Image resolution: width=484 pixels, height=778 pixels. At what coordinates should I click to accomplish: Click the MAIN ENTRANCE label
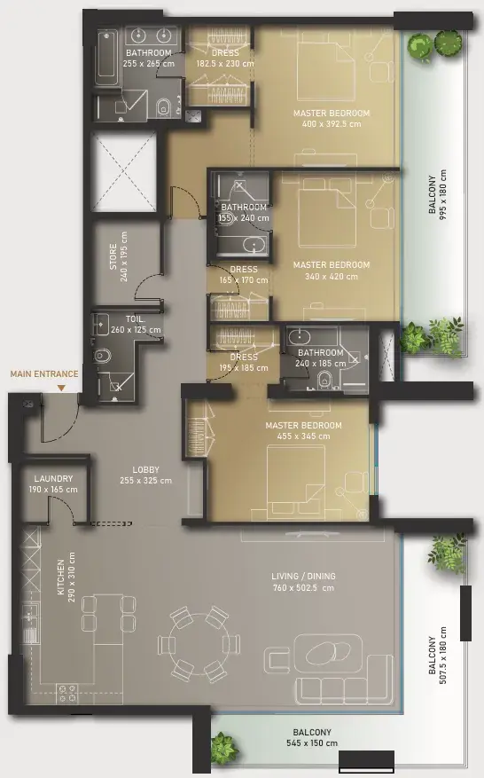[x=44, y=374]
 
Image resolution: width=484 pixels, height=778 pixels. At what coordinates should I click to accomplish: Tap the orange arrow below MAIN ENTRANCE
[x=61, y=389]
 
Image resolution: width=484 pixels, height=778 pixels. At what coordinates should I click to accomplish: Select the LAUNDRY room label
[x=53, y=479]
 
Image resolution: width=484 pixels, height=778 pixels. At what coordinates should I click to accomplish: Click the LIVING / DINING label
[x=303, y=576]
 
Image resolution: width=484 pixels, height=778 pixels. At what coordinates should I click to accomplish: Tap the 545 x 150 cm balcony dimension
[x=312, y=743]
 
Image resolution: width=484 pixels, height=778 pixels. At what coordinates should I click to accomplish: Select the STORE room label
[x=113, y=256]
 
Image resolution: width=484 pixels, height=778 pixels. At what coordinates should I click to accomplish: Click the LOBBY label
[x=145, y=469]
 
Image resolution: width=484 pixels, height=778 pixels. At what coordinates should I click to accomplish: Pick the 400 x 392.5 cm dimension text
[x=332, y=124]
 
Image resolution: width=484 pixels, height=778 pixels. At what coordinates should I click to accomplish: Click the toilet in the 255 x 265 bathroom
[x=163, y=107]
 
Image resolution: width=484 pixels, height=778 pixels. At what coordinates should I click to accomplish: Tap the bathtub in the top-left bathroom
[x=106, y=57]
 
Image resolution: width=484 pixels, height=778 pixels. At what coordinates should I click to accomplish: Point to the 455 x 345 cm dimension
[x=303, y=436]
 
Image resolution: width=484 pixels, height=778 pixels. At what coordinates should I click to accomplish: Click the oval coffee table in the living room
[x=328, y=652]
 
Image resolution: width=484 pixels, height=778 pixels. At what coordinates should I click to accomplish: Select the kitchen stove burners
[x=67, y=693]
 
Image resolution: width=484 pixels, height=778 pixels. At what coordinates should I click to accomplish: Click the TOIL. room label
[x=135, y=319]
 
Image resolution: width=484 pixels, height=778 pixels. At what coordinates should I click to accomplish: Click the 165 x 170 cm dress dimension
[x=244, y=280]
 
